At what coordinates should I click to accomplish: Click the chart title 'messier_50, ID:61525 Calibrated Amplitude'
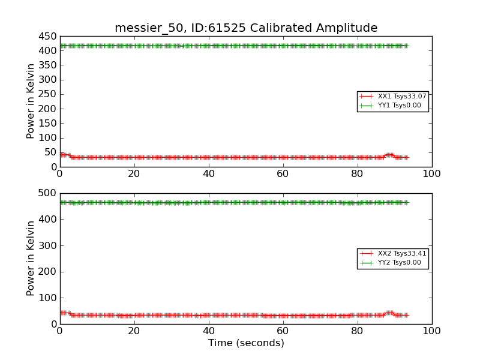coord(246,28)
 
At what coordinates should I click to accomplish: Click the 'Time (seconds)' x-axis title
coord(246,343)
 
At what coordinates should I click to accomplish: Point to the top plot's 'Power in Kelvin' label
coord(31,101)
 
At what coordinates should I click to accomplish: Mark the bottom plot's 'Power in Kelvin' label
coord(31,259)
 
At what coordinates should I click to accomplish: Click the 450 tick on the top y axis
coord(47,36)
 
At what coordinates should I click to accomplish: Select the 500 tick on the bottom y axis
coord(47,193)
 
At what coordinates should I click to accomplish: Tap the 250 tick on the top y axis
coord(47,94)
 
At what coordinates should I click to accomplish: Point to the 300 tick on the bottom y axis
coord(47,245)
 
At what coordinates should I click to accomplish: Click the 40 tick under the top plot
coord(209,173)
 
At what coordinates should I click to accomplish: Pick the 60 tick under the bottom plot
coord(283,331)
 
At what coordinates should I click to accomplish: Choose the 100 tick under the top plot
coord(431,173)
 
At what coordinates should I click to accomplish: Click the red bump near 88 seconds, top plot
coord(389,155)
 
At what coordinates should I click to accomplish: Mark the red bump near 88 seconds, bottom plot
coord(389,313)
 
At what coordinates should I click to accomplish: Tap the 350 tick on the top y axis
coord(47,65)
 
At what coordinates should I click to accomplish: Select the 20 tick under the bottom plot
coord(134,331)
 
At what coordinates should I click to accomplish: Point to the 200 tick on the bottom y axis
coord(47,272)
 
